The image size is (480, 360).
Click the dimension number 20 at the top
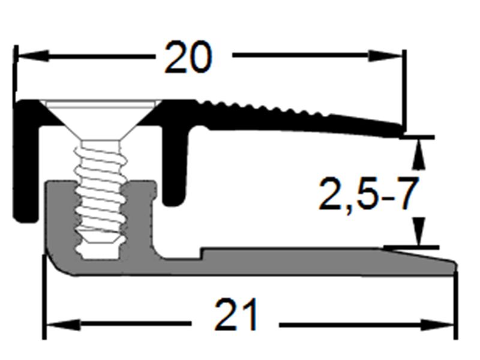pyautogui.click(x=188, y=58)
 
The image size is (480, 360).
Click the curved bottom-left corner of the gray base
pyautogui.click(x=57, y=264)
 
